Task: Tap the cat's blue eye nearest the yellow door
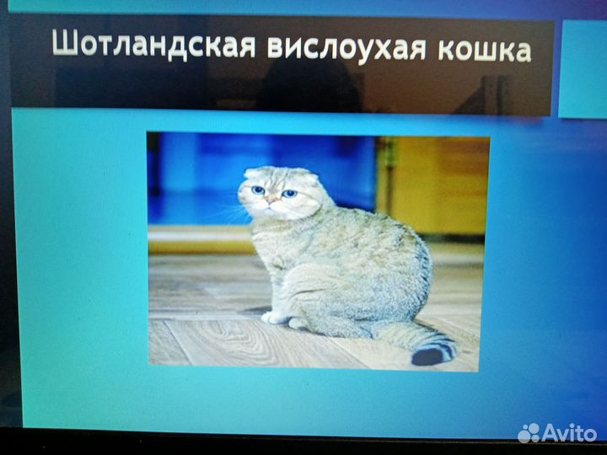[x=289, y=193]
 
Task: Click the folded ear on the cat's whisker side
[x=251, y=174]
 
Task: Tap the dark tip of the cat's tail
[x=431, y=355]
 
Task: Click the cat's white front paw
[x=273, y=318]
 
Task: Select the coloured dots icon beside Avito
[x=529, y=433]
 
